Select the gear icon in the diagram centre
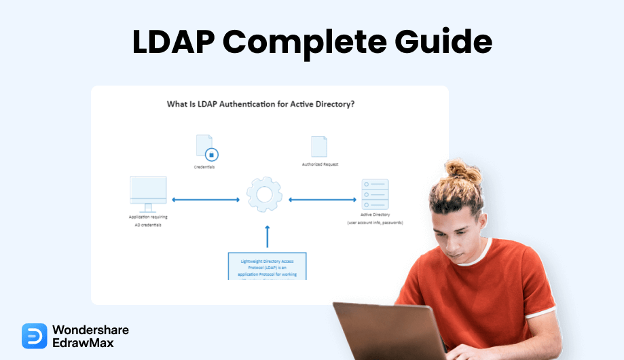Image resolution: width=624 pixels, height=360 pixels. (x=264, y=195)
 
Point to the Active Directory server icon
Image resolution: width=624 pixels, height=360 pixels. (x=375, y=194)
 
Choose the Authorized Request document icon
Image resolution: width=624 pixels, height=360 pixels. (x=319, y=147)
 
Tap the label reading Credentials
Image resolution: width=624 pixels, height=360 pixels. (x=204, y=166)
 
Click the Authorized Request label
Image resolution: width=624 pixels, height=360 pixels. (x=320, y=164)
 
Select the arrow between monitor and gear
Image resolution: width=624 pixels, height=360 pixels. (x=206, y=200)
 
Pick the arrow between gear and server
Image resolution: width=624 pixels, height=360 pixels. (x=323, y=200)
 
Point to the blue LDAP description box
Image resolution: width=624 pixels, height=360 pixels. (x=268, y=266)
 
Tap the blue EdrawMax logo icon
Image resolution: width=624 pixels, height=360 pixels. (x=34, y=336)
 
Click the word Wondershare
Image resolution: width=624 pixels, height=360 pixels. (x=90, y=329)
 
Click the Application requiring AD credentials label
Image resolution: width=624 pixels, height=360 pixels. (x=148, y=221)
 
